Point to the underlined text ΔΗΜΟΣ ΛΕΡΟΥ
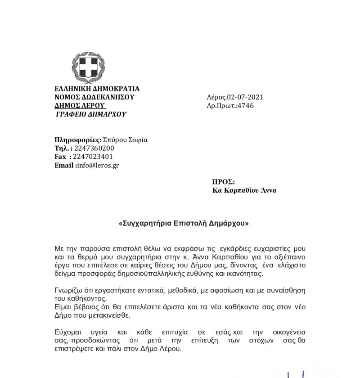point(80,106)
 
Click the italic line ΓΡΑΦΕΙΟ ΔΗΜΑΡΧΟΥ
point(90,114)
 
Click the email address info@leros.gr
point(98,165)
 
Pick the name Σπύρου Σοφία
point(126,139)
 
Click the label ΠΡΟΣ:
point(223,182)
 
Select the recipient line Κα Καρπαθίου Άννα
point(244,190)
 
